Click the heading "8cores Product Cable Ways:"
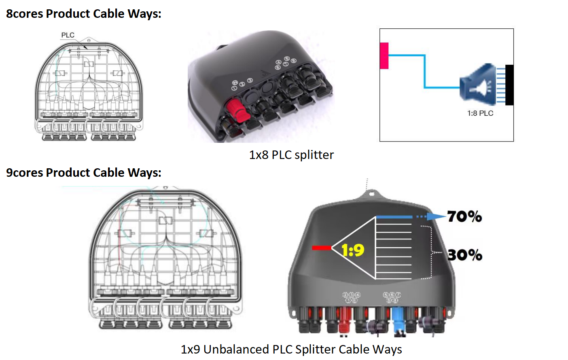tap(83, 14)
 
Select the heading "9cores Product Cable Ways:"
tap(83, 173)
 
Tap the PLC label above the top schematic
tap(68, 35)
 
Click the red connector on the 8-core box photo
tap(235, 108)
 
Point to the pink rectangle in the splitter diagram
tap(384, 55)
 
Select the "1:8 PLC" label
tap(480, 113)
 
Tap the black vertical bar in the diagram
tap(509, 85)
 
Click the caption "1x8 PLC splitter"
tap(291, 155)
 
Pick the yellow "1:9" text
tap(353, 250)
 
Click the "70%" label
tap(464, 217)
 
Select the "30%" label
tap(465, 255)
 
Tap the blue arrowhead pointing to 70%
tap(436, 216)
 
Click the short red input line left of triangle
tap(322, 248)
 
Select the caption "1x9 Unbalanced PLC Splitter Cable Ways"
tap(291, 349)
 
